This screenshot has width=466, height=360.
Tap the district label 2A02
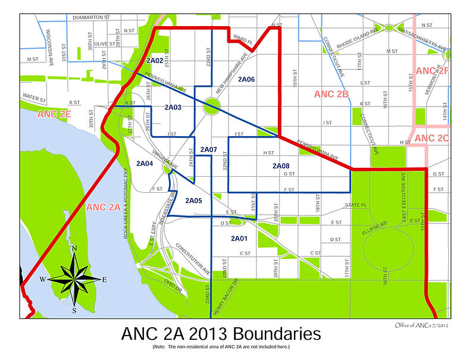click(x=154, y=61)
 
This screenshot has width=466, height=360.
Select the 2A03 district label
click(x=173, y=107)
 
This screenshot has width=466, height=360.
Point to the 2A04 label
click(x=145, y=163)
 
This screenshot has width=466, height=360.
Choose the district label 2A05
click(x=193, y=201)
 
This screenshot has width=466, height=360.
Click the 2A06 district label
click(x=246, y=79)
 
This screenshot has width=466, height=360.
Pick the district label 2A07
click(x=209, y=149)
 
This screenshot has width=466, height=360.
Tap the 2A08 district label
click(x=281, y=165)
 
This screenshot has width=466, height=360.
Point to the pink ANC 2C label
click(x=433, y=138)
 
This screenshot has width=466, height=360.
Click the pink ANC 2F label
click(x=433, y=71)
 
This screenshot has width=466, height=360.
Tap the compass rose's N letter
click(x=74, y=249)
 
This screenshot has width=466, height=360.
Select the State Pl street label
click(x=354, y=205)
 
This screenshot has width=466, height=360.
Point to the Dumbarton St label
click(x=92, y=18)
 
